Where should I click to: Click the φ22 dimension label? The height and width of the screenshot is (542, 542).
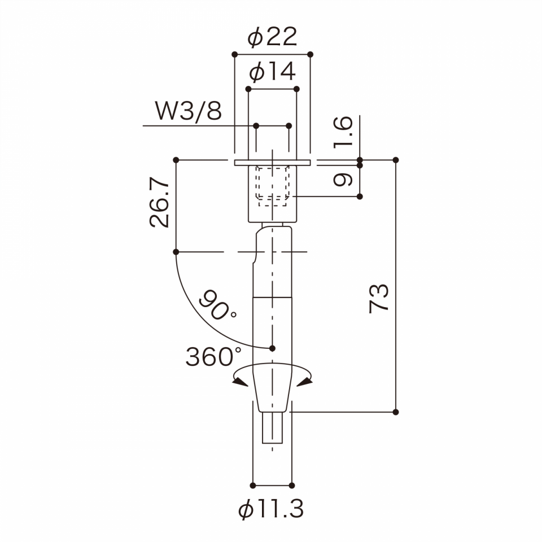[272, 38]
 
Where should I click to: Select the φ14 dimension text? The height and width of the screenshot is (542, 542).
[272, 72]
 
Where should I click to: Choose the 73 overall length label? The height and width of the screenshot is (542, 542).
[379, 298]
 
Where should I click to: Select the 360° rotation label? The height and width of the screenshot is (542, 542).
[213, 357]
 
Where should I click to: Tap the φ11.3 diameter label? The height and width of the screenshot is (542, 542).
[272, 510]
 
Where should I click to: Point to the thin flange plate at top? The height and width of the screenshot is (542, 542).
[272, 163]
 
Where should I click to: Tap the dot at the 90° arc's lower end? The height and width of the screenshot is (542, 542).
[273, 348]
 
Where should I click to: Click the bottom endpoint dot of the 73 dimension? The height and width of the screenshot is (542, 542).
[395, 412]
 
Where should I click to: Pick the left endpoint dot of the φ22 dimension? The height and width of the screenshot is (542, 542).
[234, 54]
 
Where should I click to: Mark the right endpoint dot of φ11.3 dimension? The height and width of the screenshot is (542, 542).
[292, 485]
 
